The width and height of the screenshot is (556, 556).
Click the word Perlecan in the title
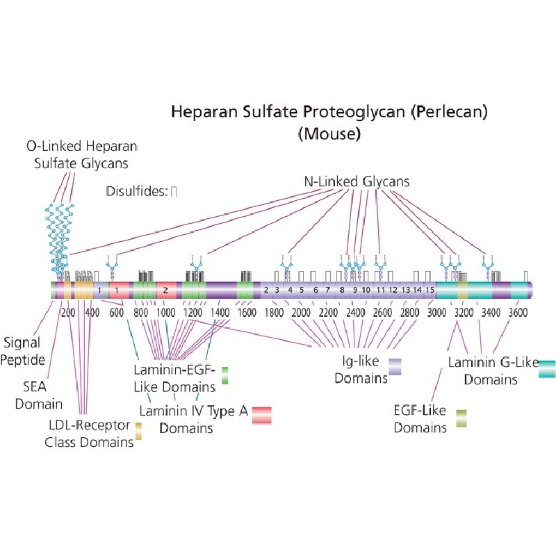[449, 112]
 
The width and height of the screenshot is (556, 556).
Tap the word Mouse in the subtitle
[329, 133]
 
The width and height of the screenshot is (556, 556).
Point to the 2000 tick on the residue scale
[301, 312]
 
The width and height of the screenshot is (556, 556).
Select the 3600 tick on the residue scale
[518, 312]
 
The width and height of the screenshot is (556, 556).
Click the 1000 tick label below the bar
[166, 312]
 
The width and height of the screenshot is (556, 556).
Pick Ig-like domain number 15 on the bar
[430, 290]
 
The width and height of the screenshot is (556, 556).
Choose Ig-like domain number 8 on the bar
[342, 290]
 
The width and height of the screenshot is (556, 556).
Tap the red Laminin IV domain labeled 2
[166, 291]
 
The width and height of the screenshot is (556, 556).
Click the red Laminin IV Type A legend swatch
[262, 415]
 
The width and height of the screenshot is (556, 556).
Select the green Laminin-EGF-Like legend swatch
[224, 375]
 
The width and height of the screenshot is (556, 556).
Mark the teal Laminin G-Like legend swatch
[547, 369]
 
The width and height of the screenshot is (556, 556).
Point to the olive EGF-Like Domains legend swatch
[461, 418]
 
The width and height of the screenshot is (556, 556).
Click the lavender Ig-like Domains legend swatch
[395, 367]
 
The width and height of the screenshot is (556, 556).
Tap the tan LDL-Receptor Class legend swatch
[138, 431]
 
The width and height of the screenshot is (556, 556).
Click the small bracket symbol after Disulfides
[174, 192]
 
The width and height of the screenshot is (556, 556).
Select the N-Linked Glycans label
[357, 181]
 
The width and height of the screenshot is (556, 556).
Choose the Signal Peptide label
[22, 351]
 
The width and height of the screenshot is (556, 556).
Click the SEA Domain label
[38, 395]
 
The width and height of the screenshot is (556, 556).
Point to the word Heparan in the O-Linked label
[111, 146]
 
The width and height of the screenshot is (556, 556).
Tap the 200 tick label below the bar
[67, 312]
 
